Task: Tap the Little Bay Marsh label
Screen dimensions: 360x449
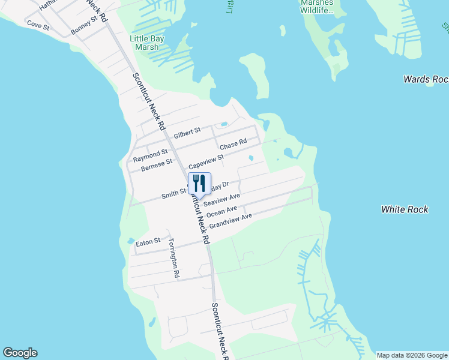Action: (x=147, y=43)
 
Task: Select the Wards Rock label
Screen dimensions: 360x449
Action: (x=426, y=79)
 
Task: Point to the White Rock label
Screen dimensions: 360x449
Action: (x=405, y=209)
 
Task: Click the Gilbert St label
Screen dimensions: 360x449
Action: (x=187, y=133)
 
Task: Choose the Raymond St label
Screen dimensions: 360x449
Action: (x=150, y=156)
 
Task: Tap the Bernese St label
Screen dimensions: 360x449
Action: (x=157, y=165)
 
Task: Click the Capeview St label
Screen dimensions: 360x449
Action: (x=206, y=162)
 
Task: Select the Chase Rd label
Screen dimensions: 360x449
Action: (x=233, y=145)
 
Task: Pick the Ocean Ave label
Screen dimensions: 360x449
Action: (x=221, y=212)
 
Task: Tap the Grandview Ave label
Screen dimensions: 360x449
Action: (x=231, y=221)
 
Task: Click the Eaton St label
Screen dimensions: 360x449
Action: (x=148, y=242)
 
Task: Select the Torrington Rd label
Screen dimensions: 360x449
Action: (x=174, y=259)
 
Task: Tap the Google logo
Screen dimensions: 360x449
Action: (x=20, y=353)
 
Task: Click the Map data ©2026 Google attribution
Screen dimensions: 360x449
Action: (x=412, y=355)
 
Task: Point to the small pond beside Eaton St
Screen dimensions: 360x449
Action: (x=131, y=241)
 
